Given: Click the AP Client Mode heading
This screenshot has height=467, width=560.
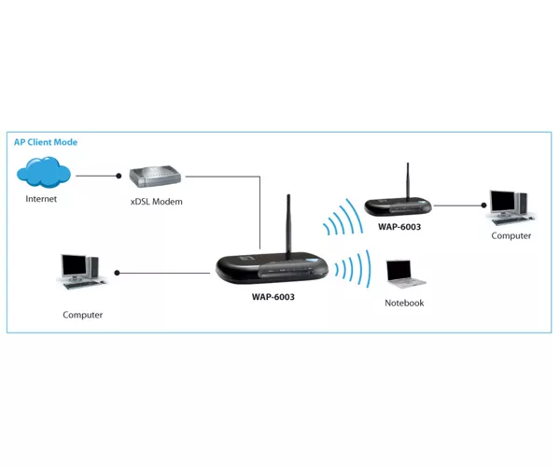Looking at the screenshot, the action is pos(46,142).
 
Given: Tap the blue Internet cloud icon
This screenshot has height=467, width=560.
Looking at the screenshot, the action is pos(44,172).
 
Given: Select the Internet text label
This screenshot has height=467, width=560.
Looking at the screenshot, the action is pos(41,199).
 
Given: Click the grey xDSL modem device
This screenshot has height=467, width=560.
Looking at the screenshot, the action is pos(155,177).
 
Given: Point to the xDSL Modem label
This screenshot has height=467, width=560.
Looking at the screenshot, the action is pos(157,202).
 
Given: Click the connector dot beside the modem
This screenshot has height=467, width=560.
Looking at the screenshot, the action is pos(119,176).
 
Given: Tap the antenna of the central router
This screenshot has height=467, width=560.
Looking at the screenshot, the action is pos(288,223).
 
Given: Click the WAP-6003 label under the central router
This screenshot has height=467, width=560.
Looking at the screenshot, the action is pos(273,297).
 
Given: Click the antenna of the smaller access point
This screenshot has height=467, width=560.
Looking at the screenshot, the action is pos(408,181).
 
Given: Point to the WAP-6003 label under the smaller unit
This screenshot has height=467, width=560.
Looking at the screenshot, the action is pos(399,227).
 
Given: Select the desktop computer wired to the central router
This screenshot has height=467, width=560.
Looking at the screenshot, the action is pos(80,273).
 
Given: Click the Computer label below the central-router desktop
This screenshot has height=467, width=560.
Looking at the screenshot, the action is pos(82,315).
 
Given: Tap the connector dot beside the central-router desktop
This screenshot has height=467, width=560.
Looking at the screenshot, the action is pos(117,273).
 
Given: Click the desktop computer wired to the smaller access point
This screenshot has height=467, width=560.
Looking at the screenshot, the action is pos(511,208).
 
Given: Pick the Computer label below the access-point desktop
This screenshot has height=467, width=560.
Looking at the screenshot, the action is pos(511,235).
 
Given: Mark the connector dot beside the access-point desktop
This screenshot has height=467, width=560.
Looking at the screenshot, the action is pos(483,205).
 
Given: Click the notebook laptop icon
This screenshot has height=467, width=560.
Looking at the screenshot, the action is pos(405,275).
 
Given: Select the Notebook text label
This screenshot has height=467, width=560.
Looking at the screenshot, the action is pos(404,303).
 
